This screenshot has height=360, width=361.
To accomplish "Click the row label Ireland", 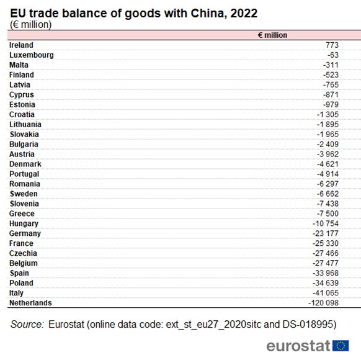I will (x=21, y=45).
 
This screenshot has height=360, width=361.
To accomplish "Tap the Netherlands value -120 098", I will (x=327, y=303).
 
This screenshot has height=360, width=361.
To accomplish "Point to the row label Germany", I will (x=25, y=233).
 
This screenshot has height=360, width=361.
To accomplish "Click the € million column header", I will (x=272, y=35).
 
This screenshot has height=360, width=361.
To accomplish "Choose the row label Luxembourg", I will (x=31, y=55).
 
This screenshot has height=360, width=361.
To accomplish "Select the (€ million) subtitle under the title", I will (x=31, y=25).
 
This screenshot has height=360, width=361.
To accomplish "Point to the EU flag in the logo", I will (x=341, y=346).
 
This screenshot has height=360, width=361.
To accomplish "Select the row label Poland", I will (x=21, y=283).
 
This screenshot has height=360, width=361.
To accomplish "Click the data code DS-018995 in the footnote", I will (x=306, y=324).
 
